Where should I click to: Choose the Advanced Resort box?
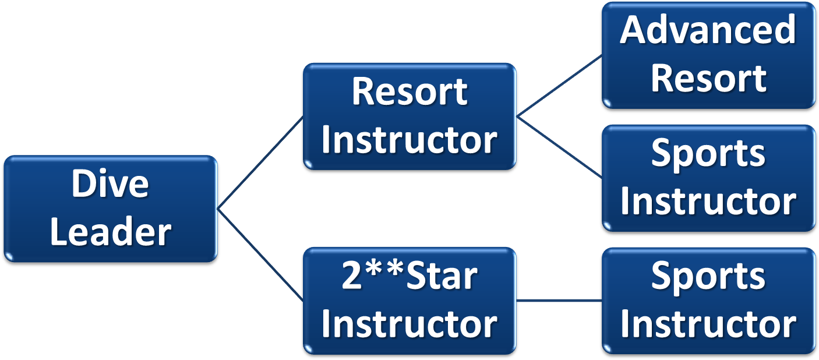tap(708, 55)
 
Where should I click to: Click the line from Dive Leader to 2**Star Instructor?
tap(260, 255)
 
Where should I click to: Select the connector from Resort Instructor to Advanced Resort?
tap(559, 86)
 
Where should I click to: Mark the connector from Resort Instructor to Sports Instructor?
tap(559, 147)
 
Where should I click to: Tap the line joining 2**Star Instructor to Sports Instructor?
tap(559, 301)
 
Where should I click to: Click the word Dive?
tap(111, 184)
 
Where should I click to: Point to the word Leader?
tap(111, 232)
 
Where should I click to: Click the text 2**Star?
tap(409, 276)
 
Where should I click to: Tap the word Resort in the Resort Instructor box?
tap(409, 92)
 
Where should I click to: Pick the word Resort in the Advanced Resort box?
tap(708, 78)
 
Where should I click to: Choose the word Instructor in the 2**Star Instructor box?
tap(409, 324)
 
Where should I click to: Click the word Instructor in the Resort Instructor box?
tap(409, 140)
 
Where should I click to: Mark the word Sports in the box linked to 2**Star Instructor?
tap(708, 276)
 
